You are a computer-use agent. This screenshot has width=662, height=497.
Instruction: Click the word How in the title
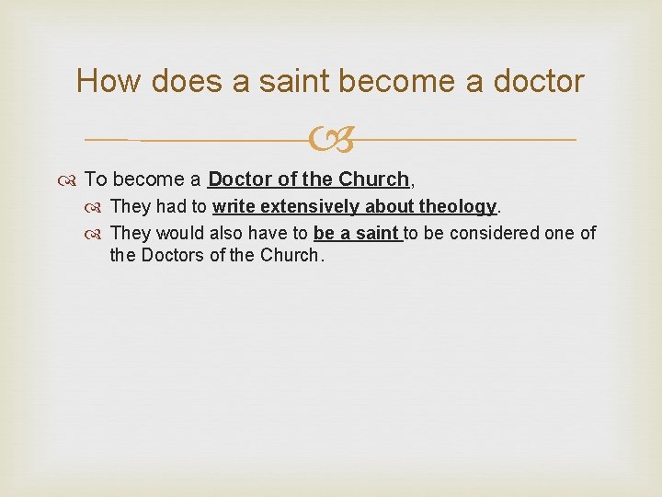pos(107,81)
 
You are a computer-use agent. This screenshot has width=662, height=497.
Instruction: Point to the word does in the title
pos(185,81)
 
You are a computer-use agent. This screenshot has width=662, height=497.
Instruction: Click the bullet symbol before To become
pos(71,179)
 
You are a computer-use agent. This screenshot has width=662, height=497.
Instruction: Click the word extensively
pos(305,206)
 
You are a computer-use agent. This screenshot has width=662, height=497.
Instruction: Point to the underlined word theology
pos(458,207)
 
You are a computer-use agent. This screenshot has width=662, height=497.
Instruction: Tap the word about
pos(390,206)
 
